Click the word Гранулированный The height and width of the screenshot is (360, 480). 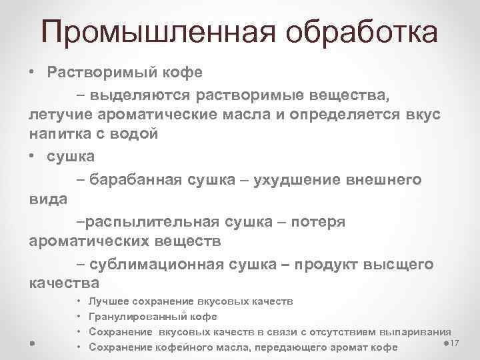[139, 316]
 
